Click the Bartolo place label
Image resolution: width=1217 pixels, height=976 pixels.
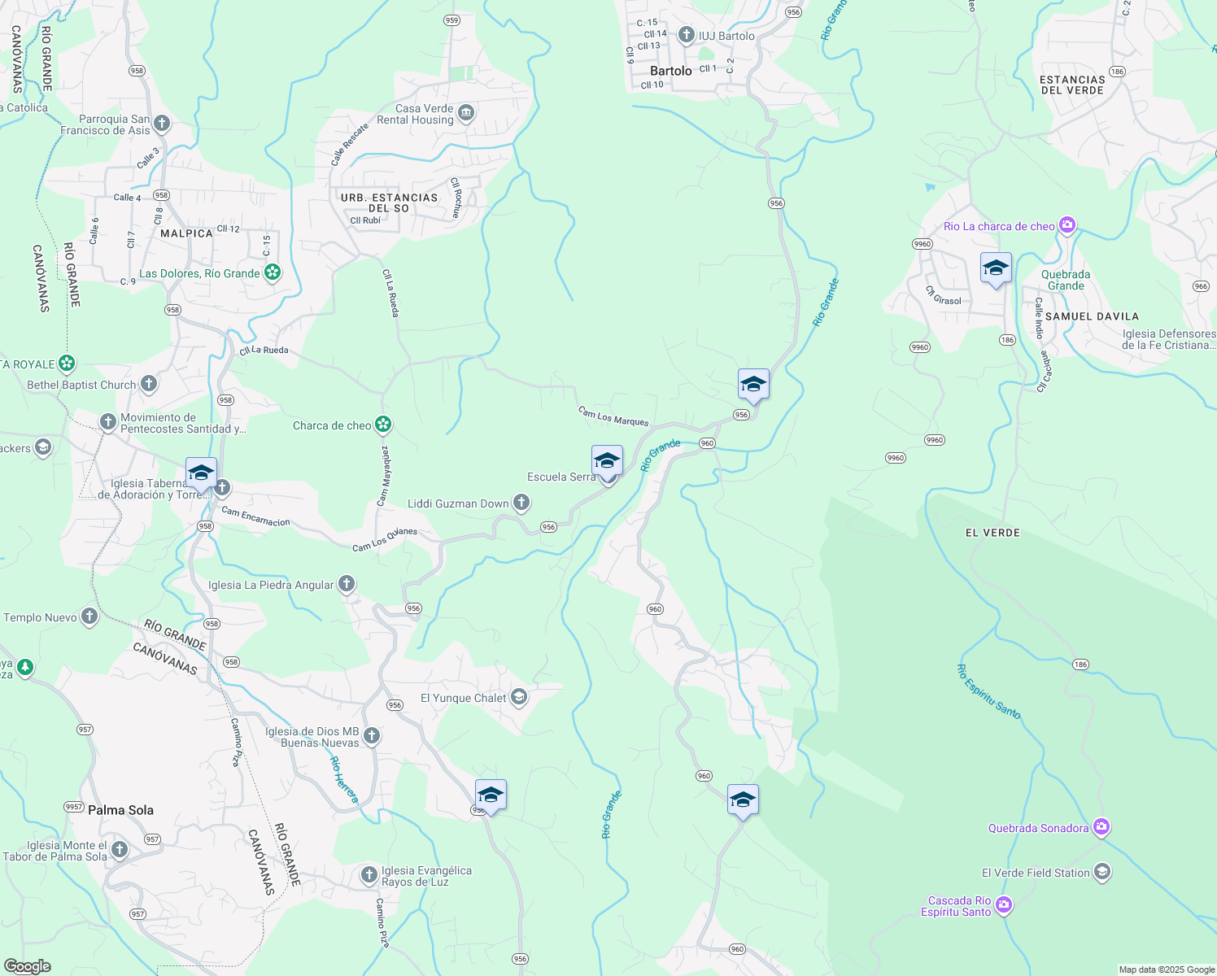pos(670,71)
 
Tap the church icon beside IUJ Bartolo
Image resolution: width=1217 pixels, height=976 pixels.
pos(687,35)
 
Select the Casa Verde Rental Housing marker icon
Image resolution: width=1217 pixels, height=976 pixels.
pos(466,113)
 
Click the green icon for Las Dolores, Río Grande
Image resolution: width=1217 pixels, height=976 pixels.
pos(273,272)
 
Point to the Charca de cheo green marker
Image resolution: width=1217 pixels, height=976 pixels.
pos(383,425)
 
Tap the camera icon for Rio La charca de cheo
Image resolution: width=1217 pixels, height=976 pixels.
pos(1067,225)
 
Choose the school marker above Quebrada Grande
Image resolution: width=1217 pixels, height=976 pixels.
pos(996,268)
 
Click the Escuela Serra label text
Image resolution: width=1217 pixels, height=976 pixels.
pos(561,477)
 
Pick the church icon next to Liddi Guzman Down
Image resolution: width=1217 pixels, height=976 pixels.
pos(521,503)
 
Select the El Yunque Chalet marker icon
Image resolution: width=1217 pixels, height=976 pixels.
pos(519,697)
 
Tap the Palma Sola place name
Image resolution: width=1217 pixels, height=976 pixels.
pos(120,810)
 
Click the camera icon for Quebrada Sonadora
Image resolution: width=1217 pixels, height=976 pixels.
pos(1101,827)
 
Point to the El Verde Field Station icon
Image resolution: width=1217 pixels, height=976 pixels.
pos(1102,873)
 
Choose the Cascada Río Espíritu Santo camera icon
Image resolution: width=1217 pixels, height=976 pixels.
pos(1004,904)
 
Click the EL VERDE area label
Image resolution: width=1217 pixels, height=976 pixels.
pos(992,533)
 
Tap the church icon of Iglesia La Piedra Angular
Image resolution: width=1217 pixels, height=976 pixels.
pos(347,584)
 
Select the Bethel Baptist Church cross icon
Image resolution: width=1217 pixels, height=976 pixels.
pos(148,384)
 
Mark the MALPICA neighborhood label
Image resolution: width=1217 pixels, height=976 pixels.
pos(186,233)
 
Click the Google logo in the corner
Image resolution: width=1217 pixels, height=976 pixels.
pos(28,966)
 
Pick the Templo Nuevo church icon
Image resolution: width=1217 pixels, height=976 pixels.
pos(89,617)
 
